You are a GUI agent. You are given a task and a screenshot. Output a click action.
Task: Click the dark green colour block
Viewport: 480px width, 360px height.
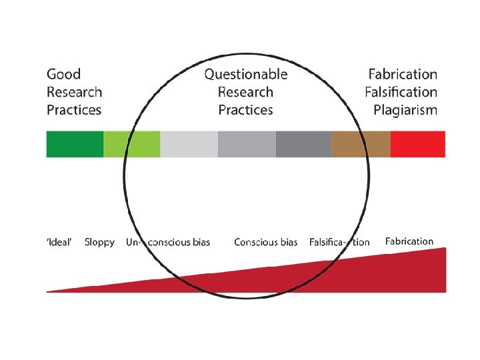point(75,144)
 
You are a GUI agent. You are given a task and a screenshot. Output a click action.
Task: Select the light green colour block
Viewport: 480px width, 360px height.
point(132,144)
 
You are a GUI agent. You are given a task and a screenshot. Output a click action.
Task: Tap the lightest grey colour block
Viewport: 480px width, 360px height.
point(189,144)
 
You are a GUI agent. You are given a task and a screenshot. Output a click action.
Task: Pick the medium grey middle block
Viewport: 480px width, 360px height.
point(246,144)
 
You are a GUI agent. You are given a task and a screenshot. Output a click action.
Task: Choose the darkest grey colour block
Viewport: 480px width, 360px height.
point(303,144)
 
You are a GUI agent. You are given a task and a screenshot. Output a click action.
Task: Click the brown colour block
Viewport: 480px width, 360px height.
point(361,144)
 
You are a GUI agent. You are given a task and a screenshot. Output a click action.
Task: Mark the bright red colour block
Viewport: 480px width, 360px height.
point(418,144)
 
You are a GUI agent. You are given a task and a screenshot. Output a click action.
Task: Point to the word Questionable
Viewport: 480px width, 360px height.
point(246,75)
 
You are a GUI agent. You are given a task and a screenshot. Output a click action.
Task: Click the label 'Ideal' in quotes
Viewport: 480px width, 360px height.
point(59,242)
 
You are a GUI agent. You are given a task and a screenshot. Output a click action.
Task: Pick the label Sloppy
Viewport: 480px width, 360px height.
point(99,242)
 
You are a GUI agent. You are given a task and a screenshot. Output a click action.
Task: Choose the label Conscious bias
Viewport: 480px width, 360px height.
point(265,242)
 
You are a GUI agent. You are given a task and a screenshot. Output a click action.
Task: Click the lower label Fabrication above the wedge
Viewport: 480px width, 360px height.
point(409,241)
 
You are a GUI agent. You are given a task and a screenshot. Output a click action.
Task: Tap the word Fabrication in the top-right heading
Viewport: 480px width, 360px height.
point(403,75)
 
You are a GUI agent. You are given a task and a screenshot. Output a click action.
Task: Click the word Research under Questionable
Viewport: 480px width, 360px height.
point(245,92)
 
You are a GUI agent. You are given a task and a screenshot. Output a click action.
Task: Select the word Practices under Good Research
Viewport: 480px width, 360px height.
point(74,110)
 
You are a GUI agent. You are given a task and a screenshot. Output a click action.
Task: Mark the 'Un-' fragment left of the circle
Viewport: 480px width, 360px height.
point(133,242)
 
